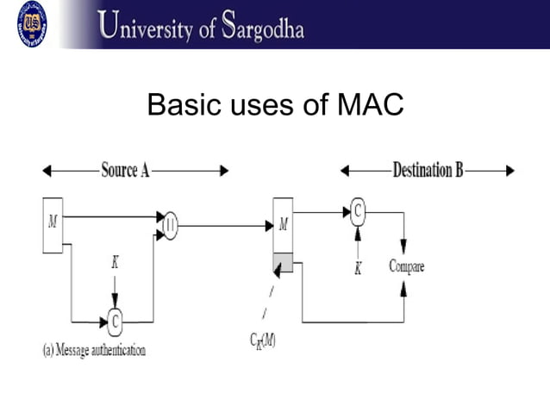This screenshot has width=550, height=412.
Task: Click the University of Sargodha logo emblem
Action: (x=31, y=23)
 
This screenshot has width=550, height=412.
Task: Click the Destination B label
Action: (x=427, y=170)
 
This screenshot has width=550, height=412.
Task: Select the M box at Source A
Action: (x=53, y=225)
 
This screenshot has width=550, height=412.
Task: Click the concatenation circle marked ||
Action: (x=170, y=226)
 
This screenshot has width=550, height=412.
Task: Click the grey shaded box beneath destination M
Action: (x=283, y=263)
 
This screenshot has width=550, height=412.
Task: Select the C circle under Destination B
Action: (x=358, y=209)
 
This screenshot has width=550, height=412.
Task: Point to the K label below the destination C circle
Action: (x=358, y=268)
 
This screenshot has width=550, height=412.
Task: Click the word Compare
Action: (x=406, y=265)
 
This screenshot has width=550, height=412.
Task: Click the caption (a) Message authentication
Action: (x=94, y=350)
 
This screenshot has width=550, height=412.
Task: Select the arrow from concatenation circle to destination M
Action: (x=224, y=226)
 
